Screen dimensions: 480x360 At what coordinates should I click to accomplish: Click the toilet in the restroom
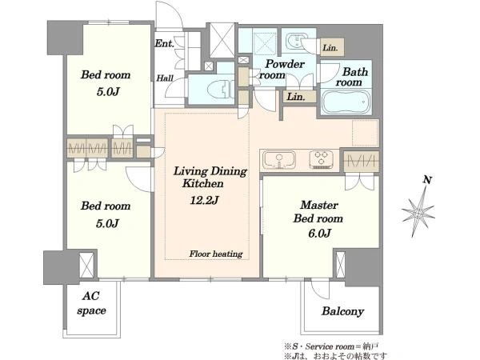coord(219,90)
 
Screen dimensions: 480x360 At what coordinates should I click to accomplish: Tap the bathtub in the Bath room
coord(346,102)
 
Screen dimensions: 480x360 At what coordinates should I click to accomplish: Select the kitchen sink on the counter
coord(278,160)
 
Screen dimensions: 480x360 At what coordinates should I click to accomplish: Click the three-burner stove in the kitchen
coord(321,160)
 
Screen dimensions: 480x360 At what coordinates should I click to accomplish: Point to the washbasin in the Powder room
coord(294,42)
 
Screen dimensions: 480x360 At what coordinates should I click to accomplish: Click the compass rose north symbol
coord(418,212)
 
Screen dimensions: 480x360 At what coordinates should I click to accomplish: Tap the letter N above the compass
coord(427,180)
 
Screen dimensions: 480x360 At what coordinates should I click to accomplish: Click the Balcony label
coord(343,311)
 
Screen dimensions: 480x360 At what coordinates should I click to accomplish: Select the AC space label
coord(91,303)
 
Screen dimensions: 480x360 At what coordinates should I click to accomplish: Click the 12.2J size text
coord(204,200)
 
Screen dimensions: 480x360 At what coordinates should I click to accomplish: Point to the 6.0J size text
coord(319,234)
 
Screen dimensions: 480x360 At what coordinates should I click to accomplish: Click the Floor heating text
coord(216,254)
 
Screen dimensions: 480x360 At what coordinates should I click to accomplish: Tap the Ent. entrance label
coord(164,43)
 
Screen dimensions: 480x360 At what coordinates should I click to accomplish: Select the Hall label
coord(165,78)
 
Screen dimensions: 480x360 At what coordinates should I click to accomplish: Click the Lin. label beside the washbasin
coord(330,48)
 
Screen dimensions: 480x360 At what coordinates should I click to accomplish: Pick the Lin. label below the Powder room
coord(296,97)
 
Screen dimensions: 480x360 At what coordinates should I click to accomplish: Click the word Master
coord(319,205)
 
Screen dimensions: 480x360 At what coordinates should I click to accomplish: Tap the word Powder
coord(285,64)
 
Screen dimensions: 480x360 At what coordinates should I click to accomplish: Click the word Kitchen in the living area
coord(203,184)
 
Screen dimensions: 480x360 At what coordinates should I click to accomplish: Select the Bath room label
coord(351,77)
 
